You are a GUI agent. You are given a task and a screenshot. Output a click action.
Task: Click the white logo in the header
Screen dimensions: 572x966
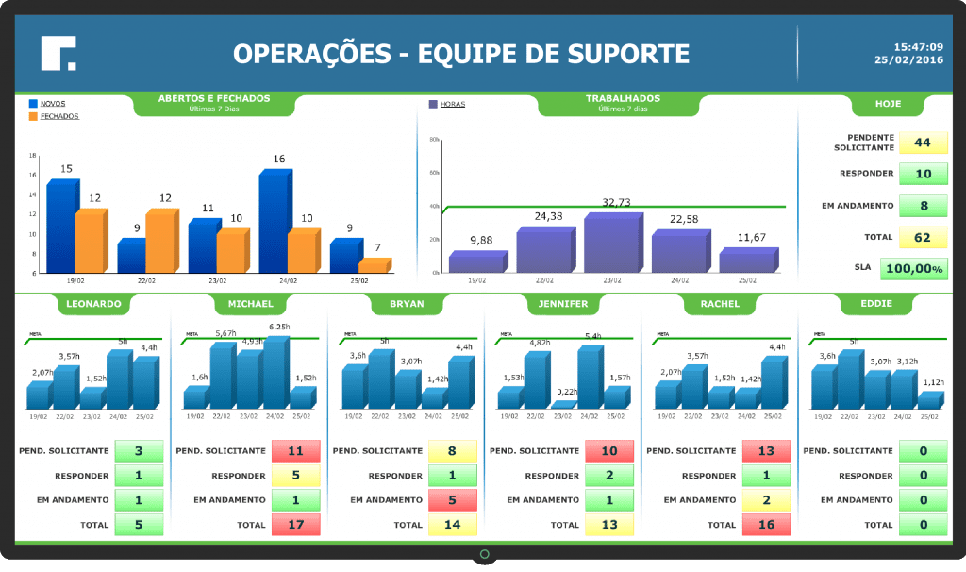pyautogui.click(x=58, y=53)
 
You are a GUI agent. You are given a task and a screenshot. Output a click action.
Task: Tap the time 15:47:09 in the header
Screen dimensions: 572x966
pyautogui.click(x=918, y=46)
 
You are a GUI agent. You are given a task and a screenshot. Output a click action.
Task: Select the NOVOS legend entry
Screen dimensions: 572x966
pyautogui.click(x=53, y=103)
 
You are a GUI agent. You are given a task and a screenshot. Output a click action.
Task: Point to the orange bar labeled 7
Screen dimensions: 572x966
pyautogui.click(x=374, y=265)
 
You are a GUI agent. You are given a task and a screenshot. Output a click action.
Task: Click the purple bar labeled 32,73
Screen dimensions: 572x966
pyautogui.click(x=612, y=244)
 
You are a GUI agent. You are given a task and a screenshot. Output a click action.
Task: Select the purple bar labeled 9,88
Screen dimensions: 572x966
pyautogui.click(x=477, y=262)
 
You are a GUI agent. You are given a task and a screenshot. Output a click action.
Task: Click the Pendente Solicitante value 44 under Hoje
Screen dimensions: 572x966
pyautogui.click(x=922, y=143)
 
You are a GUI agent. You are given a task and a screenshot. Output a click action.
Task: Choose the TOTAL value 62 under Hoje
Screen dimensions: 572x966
pyautogui.click(x=922, y=237)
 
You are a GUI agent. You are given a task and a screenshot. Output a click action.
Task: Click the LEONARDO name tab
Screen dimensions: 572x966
pyautogui.click(x=93, y=304)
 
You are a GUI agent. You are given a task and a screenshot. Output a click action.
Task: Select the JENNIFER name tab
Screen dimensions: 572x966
pyautogui.click(x=562, y=304)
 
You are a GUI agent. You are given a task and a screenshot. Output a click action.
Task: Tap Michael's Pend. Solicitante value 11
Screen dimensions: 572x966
pyautogui.click(x=295, y=451)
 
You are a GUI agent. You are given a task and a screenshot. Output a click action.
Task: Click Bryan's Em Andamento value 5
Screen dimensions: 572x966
pyautogui.click(x=452, y=500)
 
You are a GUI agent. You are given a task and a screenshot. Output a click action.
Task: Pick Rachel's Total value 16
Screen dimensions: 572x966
pyautogui.click(x=765, y=524)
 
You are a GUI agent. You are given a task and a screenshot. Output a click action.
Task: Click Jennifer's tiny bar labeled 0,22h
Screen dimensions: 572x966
pyautogui.click(x=563, y=405)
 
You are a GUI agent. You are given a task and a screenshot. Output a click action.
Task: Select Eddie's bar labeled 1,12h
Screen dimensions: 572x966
pyautogui.click(x=929, y=400)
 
